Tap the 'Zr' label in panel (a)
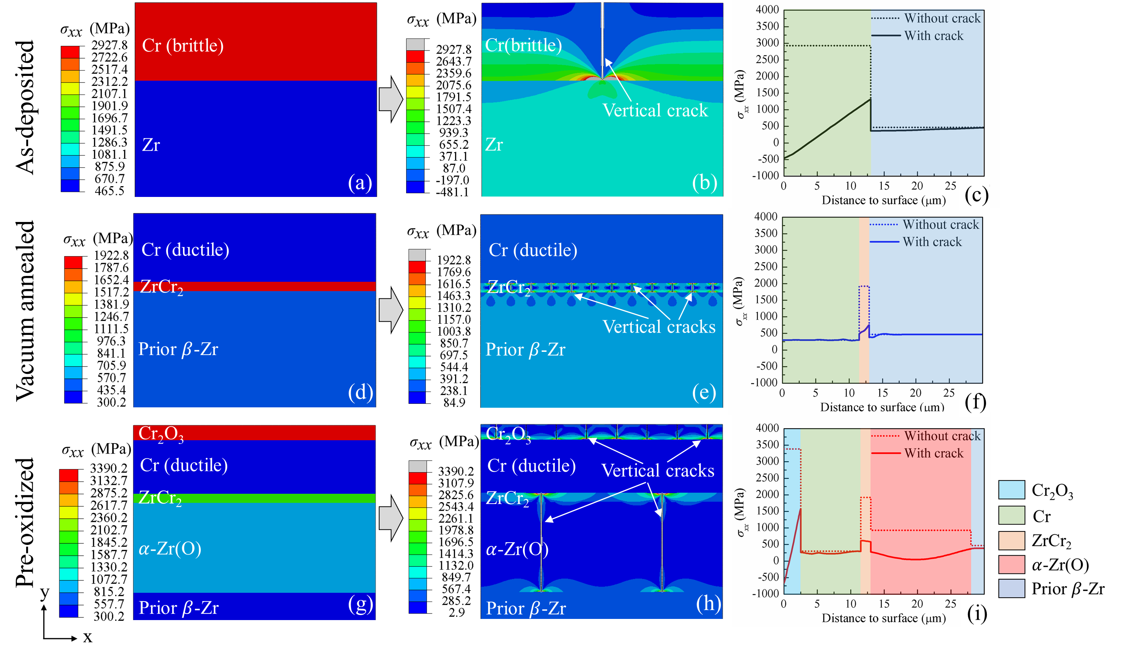[x=151, y=145]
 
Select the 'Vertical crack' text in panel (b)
[x=655, y=110]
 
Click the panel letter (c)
[x=976, y=195]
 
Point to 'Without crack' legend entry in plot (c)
[x=942, y=18]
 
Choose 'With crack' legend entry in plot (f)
[x=932, y=242]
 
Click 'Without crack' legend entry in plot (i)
[x=942, y=436]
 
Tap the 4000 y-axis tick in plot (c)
[x=767, y=9]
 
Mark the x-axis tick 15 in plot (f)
[x=882, y=393]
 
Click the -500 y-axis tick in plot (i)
[x=768, y=577]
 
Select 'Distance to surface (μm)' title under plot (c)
[x=884, y=200]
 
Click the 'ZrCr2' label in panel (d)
[x=161, y=287]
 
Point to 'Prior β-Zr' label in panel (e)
[x=525, y=350]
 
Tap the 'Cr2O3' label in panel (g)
[x=161, y=434]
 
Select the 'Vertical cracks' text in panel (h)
[x=657, y=470]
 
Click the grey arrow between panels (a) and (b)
[x=391, y=99]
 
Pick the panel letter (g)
[x=360, y=605]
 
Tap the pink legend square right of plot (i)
[x=1011, y=565]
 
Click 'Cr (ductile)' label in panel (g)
[x=184, y=466]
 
